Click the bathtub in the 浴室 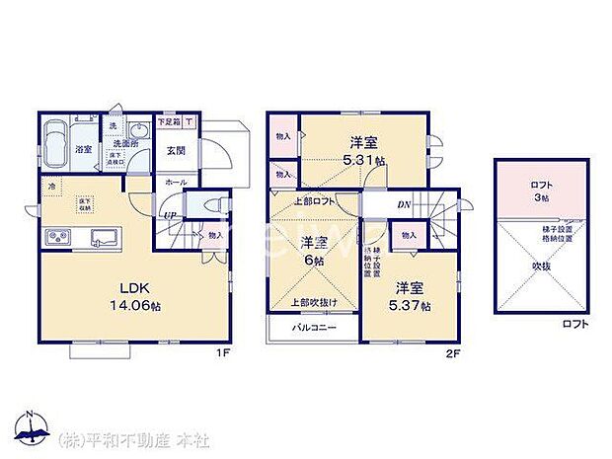tap(55, 134)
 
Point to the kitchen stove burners tap(56, 237)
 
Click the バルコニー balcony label tap(314, 327)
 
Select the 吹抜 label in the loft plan tap(539, 267)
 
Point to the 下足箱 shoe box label tap(169, 122)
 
